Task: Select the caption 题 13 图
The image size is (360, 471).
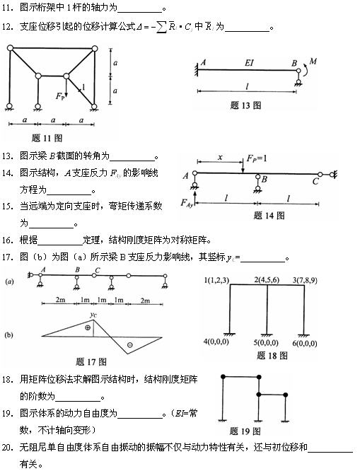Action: pyautogui.click(x=246, y=105)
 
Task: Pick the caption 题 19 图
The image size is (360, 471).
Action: pyautogui.click(x=245, y=430)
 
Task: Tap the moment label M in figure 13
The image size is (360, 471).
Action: pyautogui.click(x=313, y=63)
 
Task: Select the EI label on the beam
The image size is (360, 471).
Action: pyautogui.click(x=250, y=63)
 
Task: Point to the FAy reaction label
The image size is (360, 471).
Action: pyautogui.click(x=187, y=204)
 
